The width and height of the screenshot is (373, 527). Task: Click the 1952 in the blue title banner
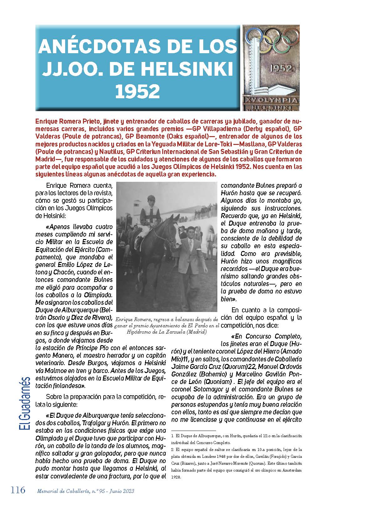[137, 91]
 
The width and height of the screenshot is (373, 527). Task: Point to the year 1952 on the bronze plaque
[281, 68]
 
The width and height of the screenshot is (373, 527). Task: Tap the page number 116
[18, 490]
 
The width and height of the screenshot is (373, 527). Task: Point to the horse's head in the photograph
[175, 232]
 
